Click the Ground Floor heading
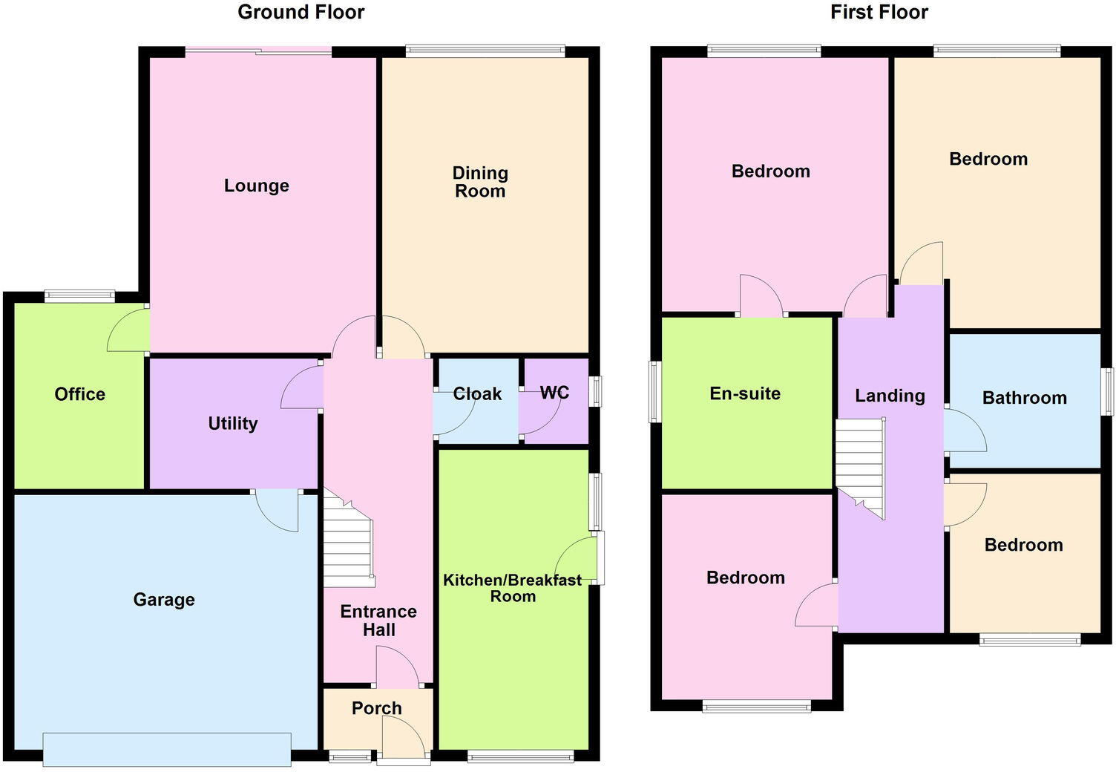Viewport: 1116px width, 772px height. pos(301,13)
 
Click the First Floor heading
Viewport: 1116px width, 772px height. pos(879,13)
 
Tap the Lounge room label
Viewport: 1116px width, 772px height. pos(257,186)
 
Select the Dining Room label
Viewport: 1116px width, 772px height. pos(480,182)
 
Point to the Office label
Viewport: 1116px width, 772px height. pos(80,394)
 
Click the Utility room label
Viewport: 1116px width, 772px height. pos(233,424)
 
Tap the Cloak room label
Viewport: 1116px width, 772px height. pos(477,394)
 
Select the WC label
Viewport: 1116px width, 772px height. pos(554,393)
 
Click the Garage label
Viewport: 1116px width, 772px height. pos(164,600)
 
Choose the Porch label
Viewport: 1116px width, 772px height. pos(377,708)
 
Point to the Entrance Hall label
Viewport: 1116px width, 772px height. pos(378,621)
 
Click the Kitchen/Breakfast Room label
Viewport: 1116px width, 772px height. pos(513,588)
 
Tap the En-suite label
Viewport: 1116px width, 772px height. pos(745,393)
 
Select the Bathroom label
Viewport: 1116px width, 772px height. pos(1024,398)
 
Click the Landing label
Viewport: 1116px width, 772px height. pos(890,396)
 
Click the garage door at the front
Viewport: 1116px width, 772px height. pos(167,749)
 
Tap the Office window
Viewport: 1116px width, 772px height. pos(79,296)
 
